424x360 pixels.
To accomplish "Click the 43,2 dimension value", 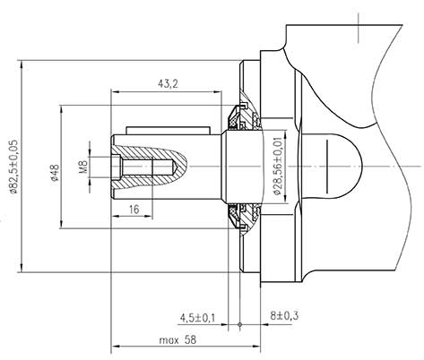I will (166, 83).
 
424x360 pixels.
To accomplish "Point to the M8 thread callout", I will (82, 167).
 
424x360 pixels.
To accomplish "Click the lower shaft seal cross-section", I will (242, 218).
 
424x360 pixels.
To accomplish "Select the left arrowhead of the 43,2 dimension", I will (113, 90).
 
